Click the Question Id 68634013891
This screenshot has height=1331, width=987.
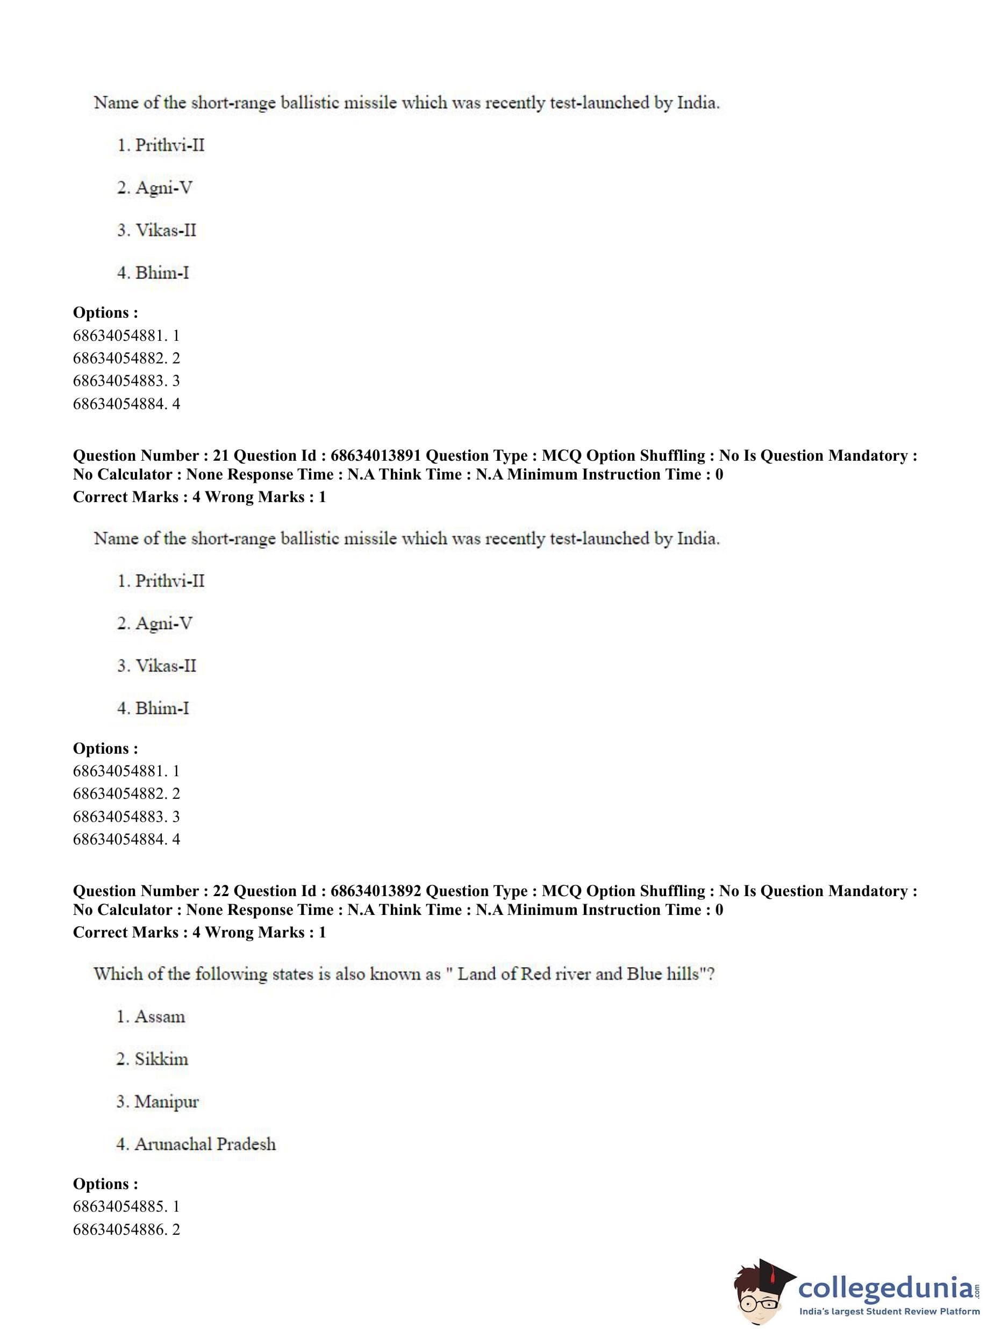click(x=376, y=456)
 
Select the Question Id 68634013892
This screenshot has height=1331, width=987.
click(x=376, y=891)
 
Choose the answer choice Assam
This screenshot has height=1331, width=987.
click(x=160, y=1017)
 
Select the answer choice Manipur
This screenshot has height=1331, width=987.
click(x=166, y=1101)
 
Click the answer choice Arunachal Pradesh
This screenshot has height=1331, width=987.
click(x=205, y=1144)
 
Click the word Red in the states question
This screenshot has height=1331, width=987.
click(x=535, y=975)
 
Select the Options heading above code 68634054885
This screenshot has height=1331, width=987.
click(x=105, y=1184)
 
